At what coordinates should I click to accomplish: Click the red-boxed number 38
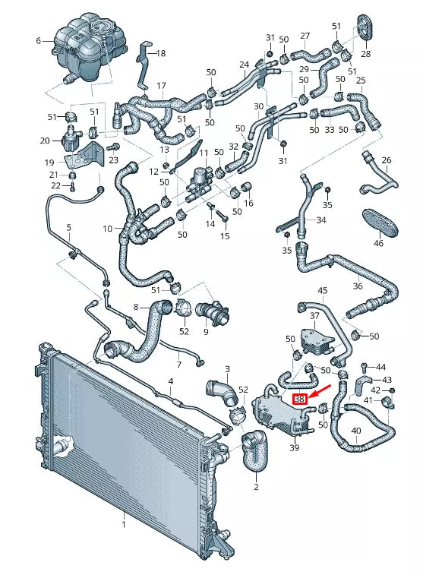(299, 398)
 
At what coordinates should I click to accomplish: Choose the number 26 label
(386, 160)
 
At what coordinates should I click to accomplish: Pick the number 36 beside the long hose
(358, 286)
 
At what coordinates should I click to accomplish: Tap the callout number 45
(322, 291)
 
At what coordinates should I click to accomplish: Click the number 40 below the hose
(355, 433)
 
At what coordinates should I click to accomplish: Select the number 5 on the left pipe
(68, 227)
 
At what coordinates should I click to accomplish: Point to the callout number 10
(108, 228)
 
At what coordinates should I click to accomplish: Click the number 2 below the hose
(256, 487)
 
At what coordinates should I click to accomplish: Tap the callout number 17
(161, 85)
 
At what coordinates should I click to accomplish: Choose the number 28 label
(366, 54)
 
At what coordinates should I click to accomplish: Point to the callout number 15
(224, 237)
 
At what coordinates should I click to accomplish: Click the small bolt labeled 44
(366, 368)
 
